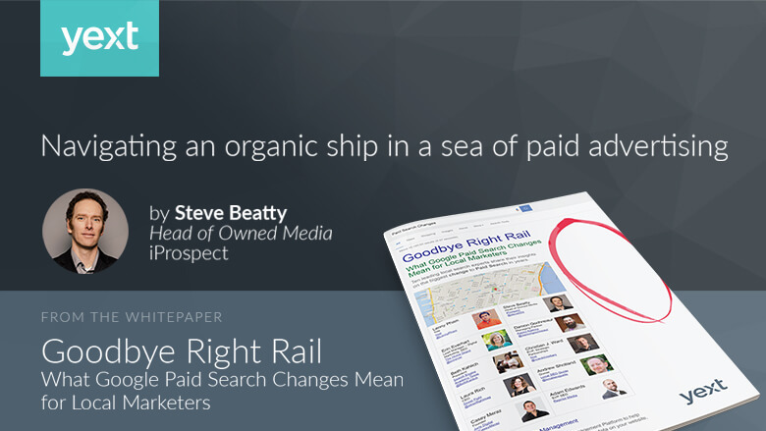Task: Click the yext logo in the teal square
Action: point(99,38)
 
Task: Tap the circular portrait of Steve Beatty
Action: point(85,231)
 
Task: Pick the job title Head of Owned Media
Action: point(241,233)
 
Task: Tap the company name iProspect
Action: point(188,254)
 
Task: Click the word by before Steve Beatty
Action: point(158,212)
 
